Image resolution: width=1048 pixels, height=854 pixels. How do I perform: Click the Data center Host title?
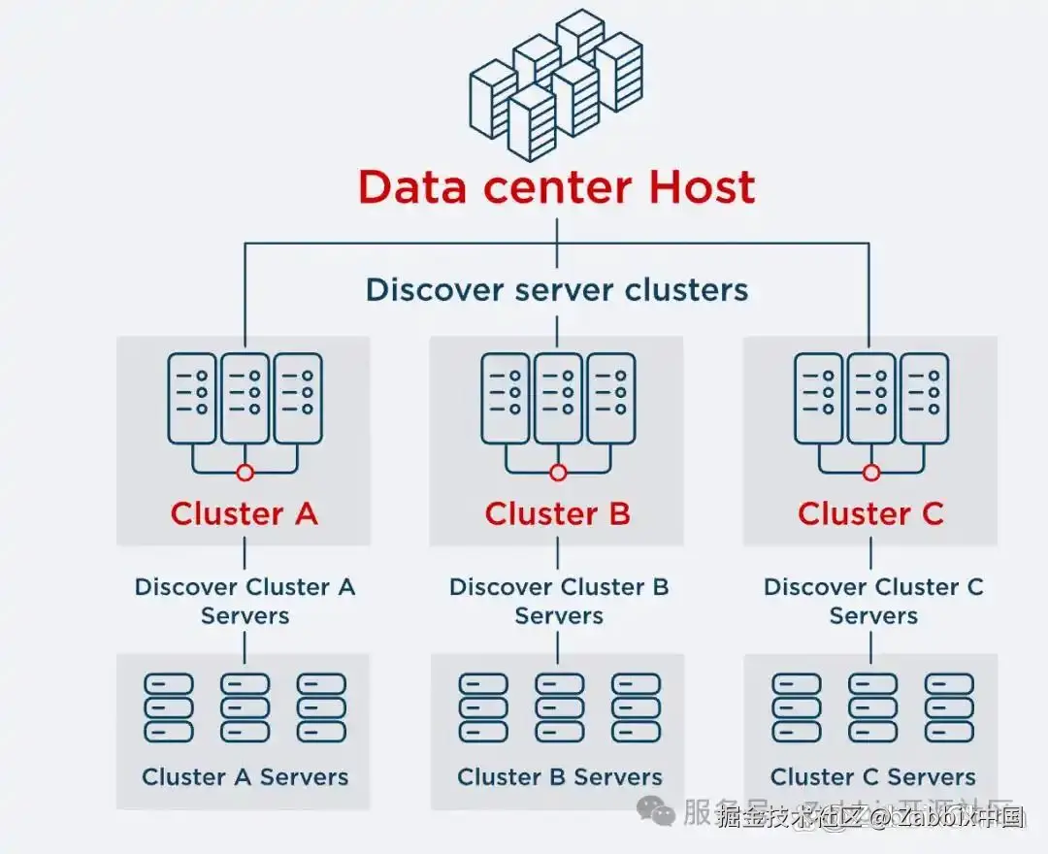[556, 186]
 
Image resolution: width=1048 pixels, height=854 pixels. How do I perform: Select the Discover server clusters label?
[556, 289]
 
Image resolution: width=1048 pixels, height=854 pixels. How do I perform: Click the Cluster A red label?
[244, 513]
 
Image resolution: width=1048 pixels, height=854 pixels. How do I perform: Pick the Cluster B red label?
[557, 513]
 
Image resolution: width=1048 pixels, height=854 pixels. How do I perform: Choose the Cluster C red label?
[870, 513]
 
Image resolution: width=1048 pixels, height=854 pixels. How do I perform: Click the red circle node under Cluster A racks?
[245, 473]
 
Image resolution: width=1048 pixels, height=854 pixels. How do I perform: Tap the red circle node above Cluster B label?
[558, 473]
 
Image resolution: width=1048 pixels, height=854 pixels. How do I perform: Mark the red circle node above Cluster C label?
[871, 473]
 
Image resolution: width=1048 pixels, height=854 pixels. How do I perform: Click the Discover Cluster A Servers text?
[245, 601]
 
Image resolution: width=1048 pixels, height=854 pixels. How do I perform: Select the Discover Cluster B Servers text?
[558, 601]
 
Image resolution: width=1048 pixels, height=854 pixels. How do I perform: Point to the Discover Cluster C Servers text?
[872, 601]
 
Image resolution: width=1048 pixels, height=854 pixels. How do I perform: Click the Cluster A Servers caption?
[245, 776]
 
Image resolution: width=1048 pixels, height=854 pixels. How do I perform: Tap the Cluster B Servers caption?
[559, 776]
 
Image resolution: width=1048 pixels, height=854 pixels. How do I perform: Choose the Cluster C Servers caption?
[872, 776]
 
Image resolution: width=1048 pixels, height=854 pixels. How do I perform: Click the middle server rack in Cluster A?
[245, 398]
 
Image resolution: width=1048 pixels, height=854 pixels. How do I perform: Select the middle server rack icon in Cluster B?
[558, 398]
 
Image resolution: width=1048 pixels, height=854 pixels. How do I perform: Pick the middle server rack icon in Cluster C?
[871, 398]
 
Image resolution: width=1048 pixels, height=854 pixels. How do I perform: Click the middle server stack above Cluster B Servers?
[559, 707]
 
